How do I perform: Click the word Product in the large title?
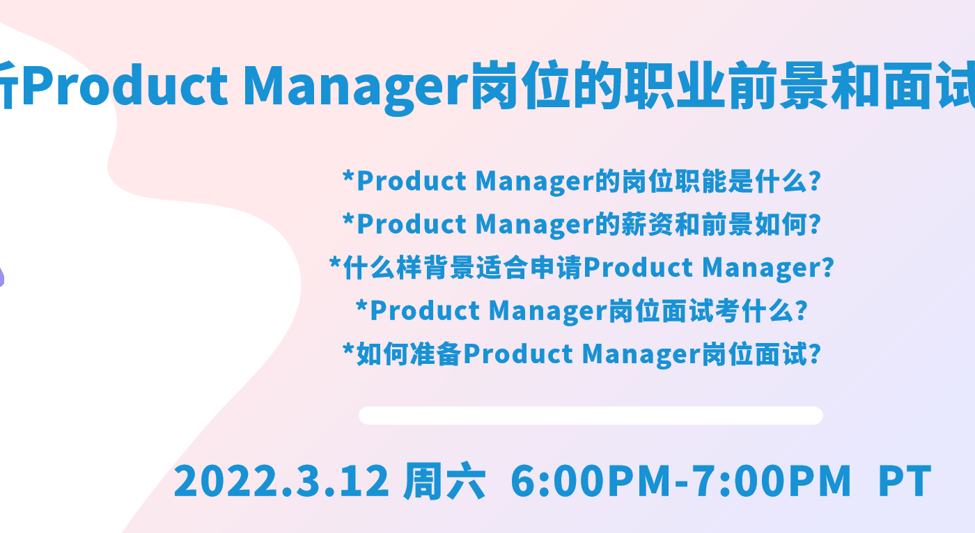pos(125,85)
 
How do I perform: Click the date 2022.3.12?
pos(281,480)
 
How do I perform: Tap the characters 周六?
pos(444,480)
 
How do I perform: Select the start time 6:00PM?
pos(591,480)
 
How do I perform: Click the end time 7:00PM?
pos(770,480)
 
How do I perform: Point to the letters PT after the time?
pos(905,481)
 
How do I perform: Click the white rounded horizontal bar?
pos(591,415)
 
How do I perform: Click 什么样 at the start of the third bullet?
pos(382,267)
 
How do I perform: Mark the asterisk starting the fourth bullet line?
pos(361,305)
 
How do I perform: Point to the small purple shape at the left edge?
pos(1,276)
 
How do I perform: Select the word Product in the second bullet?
pos(412,224)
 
